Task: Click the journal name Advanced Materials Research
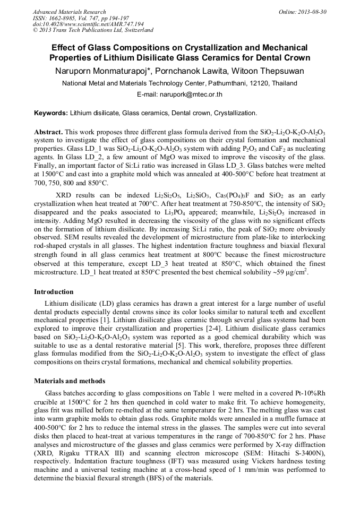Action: pos(69,12)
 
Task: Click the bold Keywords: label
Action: pos(51,113)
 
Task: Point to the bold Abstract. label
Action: pos(49,131)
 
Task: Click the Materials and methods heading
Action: pos(70,381)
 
